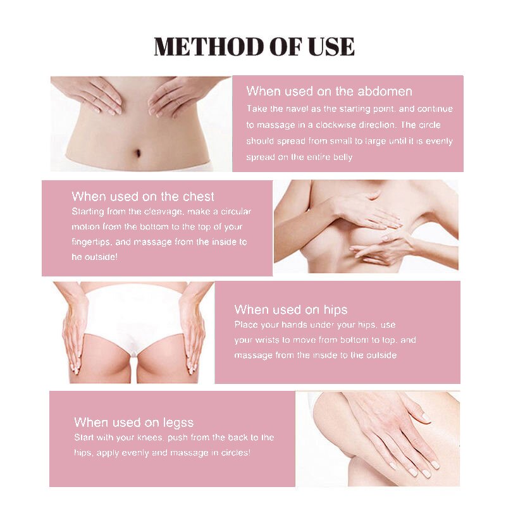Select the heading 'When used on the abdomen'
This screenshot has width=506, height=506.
coord(329,92)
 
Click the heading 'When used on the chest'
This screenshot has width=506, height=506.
coord(143,196)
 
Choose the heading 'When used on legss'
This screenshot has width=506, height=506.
coord(133,422)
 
